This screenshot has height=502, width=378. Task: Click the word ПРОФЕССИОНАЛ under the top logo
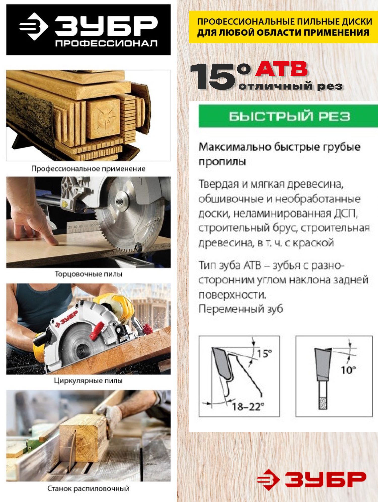[x=106, y=43]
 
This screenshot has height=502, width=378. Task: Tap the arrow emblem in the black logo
[x=34, y=26]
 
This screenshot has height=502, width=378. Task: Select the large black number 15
[x=214, y=77]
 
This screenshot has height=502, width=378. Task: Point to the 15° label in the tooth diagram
[x=264, y=354]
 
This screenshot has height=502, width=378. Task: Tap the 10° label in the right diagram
[x=348, y=370]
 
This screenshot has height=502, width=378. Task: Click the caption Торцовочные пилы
[x=88, y=274]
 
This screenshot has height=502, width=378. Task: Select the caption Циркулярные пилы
[x=88, y=381]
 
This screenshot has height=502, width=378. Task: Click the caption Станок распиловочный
[x=88, y=489]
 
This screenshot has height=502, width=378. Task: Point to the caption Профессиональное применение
[x=88, y=169]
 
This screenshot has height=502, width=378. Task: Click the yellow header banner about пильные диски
[x=283, y=27]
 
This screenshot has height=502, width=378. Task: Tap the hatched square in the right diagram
[x=323, y=404]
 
